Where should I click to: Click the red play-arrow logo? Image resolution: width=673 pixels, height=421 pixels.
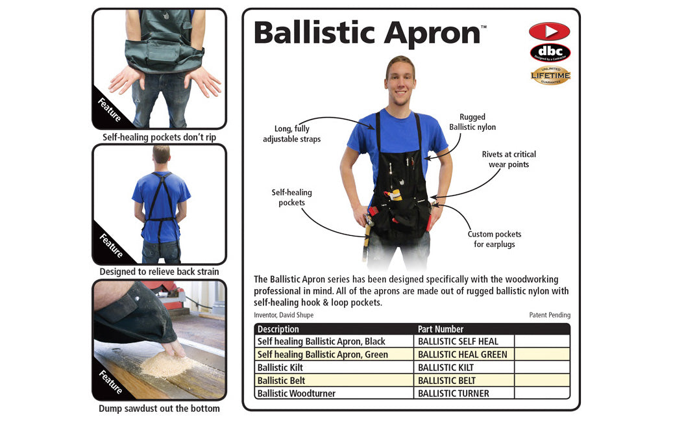[x=549, y=31]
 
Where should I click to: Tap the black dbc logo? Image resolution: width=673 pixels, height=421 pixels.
[x=550, y=52]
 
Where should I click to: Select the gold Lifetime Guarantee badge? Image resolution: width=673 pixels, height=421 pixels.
[x=550, y=75]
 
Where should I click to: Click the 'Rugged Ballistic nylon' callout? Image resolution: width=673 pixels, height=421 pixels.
[x=472, y=122]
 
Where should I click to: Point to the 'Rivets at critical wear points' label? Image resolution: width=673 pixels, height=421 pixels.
[x=509, y=159]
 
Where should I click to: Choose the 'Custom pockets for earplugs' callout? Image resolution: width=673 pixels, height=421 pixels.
[x=495, y=239]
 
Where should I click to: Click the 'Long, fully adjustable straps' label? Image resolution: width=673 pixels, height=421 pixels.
[x=291, y=134]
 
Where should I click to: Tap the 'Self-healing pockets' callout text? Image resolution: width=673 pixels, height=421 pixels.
[x=291, y=198]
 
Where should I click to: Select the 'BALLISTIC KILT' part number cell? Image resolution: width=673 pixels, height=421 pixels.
[x=446, y=367]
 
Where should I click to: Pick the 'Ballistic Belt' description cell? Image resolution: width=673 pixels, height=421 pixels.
[x=281, y=380]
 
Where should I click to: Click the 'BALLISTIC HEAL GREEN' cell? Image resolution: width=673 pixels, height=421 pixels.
[x=462, y=354]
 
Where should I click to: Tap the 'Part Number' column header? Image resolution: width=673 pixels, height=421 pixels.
[x=441, y=329]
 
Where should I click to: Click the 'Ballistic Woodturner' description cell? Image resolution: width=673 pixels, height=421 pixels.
[x=300, y=393]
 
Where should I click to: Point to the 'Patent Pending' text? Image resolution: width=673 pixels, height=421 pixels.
[x=550, y=315]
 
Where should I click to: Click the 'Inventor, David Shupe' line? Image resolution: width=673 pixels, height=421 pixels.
[x=284, y=315]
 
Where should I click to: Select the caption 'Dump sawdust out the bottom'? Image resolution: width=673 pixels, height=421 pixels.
[x=159, y=409]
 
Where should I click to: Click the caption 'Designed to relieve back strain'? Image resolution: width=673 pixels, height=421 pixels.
[x=159, y=272]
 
